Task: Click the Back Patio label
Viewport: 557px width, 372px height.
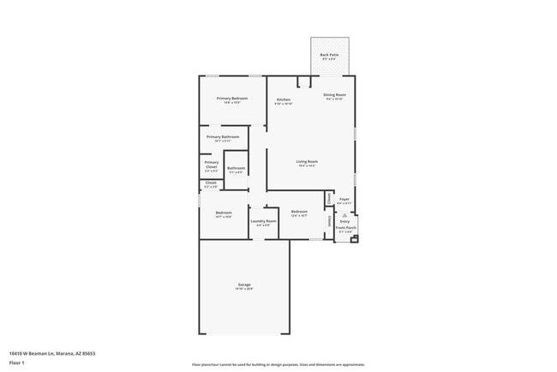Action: [329, 55]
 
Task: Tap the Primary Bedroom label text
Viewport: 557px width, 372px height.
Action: [232, 99]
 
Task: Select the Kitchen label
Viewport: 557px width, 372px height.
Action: [283, 99]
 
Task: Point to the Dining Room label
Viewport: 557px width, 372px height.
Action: [334, 94]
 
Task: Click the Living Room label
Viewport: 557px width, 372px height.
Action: [307, 161]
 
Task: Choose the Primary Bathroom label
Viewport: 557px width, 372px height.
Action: [223, 136]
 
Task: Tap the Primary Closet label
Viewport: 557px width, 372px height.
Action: [211, 164]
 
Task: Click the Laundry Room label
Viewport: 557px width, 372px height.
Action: [263, 221]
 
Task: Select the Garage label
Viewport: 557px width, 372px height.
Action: [244, 285]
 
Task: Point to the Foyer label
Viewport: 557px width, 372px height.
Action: [344, 199]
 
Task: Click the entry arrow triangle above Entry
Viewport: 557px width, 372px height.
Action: [344, 214]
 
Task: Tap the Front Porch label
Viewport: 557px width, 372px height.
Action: [344, 227]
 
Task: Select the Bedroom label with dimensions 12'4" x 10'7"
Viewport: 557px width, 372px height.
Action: [298, 212]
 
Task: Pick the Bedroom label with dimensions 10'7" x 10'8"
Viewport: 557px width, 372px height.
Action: [224, 213]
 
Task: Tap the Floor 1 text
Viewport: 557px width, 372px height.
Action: [17, 363]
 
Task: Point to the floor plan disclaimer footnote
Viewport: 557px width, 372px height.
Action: [278, 363]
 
